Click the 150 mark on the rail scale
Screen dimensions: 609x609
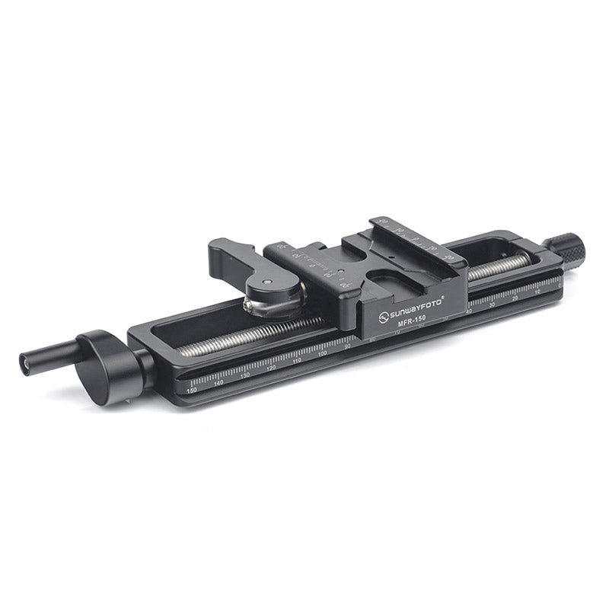click(192, 389)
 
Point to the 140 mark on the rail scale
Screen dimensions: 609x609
click(218, 382)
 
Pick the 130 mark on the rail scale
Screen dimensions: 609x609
click(245, 375)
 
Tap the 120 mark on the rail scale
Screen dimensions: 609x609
click(271, 368)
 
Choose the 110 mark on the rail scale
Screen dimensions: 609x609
click(297, 361)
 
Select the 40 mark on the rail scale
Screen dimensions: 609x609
click(468, 312)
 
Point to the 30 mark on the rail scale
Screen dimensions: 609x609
click(492, 305)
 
